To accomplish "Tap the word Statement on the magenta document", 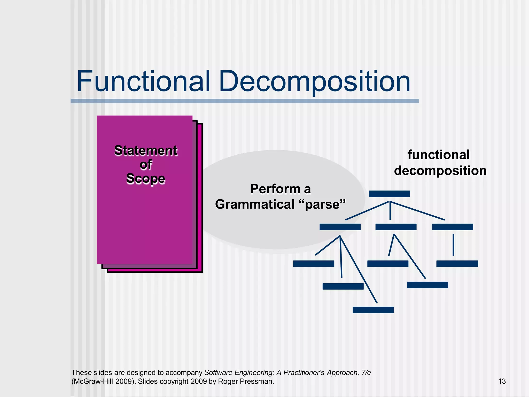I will coord(146,151).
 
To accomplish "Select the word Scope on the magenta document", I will coord(146,179).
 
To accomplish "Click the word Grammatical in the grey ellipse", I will coord(255,204).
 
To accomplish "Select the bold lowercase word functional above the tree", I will coord(439,155).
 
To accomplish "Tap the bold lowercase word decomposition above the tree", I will coord(440,171).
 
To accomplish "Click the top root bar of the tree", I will coord(389,194).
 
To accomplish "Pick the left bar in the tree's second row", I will coord(340,227).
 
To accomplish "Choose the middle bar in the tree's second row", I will coord(396,227).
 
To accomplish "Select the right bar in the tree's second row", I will coord(452,227).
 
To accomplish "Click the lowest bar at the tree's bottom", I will coord(373,310).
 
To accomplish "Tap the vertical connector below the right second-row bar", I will coord(453,245).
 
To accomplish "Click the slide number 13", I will coord(502,381).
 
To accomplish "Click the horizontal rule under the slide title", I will coord(245,101).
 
